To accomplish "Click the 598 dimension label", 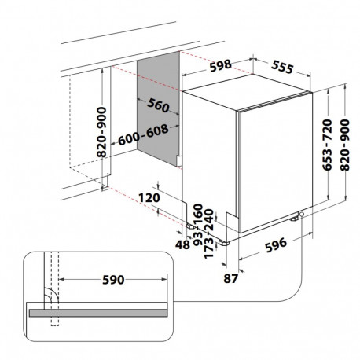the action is pos(221,65).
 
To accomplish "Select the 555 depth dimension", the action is pos(282,67).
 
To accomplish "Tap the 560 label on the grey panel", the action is pos(158,105).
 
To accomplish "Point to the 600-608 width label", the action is pos(143,134).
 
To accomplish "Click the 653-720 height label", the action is pos(327,145).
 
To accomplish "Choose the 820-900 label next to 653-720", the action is pos(344,145).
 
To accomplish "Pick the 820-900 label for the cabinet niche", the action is pos(101,132).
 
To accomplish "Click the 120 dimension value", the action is pos(149,197).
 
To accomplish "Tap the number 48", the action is pos(182,244).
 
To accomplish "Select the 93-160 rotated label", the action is pos(198,225).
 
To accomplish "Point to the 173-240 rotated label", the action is pos(209,233).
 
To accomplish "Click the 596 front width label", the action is pos(276,245).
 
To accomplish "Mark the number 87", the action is pos(230,278).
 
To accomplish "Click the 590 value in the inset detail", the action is pos(113,280).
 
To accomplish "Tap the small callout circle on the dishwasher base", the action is pos(302,215).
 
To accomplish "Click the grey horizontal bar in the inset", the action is pos(98,313).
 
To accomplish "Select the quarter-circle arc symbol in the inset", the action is pos(50,293).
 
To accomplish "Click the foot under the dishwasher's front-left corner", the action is pos(223,243).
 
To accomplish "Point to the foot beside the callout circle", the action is pos(294,218).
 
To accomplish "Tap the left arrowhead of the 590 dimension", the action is pos(61,280).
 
